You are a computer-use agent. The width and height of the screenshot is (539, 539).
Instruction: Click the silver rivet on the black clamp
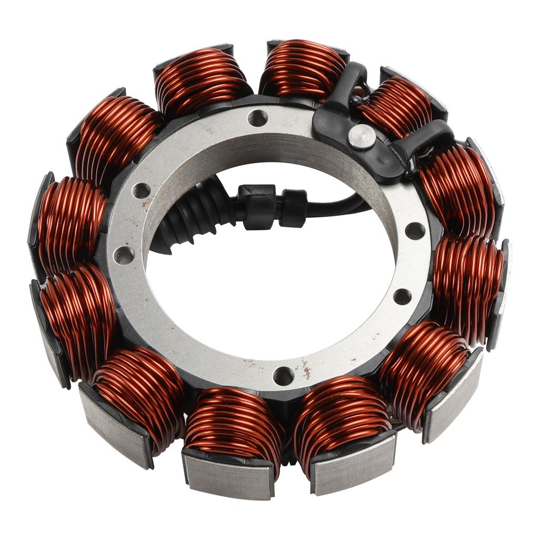[x=362, y=137]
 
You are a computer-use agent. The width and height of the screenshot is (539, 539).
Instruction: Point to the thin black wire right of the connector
[x=337, y=205]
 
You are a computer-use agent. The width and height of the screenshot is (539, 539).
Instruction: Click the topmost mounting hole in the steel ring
[x=258, y=118]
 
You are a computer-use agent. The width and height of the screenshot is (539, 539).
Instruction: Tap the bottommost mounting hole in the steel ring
[x=283, y=376]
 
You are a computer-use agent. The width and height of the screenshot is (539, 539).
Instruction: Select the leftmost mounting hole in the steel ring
[x=124, y=255]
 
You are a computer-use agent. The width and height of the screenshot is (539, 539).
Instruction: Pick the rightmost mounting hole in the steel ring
[x=415, y=231]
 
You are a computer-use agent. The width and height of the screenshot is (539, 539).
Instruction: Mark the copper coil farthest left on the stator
[x=71, y=224]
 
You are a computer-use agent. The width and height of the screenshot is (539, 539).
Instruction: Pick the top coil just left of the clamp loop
[x=303, y=68]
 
